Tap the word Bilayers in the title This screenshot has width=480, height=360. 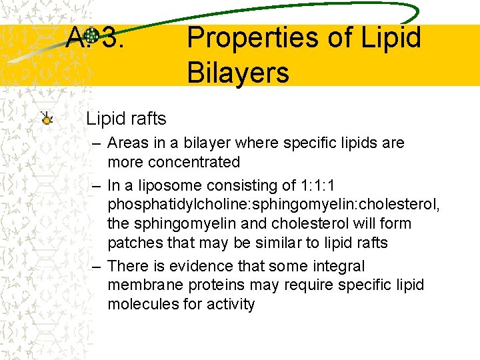pyautogui.click(x=238, y=72)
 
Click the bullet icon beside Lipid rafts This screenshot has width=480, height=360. pyautogui.click(x=46, y=119)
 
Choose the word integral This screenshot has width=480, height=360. pyautogui.click(x=337, y=266)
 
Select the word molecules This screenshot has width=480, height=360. pyautogui.click(x=140, y=304)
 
